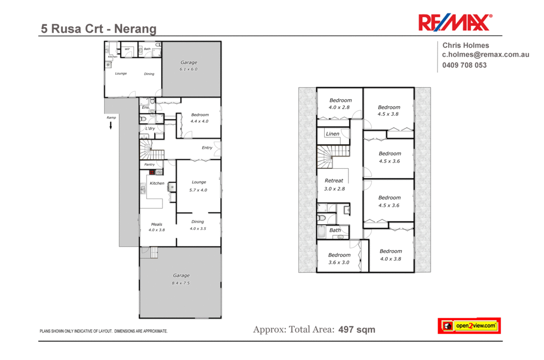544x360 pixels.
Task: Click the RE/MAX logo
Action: (x=455, y=23)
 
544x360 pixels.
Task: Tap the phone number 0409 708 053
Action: (x=464, y=65)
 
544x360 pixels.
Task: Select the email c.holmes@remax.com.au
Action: (x=486, y=55)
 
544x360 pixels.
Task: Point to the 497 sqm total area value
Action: (x=357, y=330)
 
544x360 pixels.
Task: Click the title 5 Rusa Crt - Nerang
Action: (x=99, y=29)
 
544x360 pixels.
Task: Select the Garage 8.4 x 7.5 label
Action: (x=181, y=279)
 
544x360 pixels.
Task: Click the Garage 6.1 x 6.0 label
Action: (x=189, y=66)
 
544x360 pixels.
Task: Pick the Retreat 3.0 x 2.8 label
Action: (x=334, y=184)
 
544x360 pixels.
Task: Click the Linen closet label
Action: (x=333, y=134)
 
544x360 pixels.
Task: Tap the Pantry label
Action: (x=149, y=165)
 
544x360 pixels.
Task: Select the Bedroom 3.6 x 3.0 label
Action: (x=339, y=258)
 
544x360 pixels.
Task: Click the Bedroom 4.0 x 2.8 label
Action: (x=341, y=104)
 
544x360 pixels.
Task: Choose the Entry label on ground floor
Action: (x=207, y=148)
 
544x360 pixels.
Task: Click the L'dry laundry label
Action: (x=150, y=128)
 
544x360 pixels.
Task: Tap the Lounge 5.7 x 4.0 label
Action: (x=198, y=186)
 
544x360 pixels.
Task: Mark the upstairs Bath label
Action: (x=335, y=230)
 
